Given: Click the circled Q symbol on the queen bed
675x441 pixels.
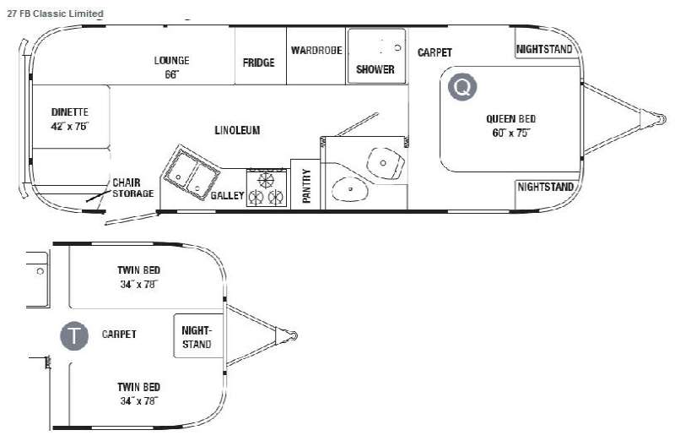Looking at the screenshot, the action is [462, 87].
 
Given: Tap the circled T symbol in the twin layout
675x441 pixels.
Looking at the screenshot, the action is [74, 335].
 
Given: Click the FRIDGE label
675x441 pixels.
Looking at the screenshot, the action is [259, 63].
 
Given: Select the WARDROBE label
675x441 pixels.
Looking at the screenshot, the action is [317, 51].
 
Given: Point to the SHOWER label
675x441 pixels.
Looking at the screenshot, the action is [375, 69].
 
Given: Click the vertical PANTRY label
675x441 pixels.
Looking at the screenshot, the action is [306, 186].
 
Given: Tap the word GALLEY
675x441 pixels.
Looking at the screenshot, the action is [227, 196].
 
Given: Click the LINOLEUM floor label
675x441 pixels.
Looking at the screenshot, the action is [237, 130].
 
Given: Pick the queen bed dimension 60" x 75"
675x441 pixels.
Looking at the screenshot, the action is [510, 133].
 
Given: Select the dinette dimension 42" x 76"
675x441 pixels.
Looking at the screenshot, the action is [70, 127].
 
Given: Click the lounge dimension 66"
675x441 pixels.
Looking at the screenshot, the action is [172, 74].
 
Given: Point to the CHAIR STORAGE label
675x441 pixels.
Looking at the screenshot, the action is [132, 188].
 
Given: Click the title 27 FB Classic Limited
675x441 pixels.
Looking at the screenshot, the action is [55, 14].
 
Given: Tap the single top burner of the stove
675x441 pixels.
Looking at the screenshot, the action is [266, 179].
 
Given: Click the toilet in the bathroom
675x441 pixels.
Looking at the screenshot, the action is [386, 163].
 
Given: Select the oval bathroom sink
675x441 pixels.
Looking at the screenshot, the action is [350, 189].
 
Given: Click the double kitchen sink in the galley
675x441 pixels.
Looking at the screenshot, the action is [191, 172].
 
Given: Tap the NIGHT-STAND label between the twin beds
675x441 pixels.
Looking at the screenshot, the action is [197, 337].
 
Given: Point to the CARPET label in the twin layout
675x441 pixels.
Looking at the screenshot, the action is [119, 334].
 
